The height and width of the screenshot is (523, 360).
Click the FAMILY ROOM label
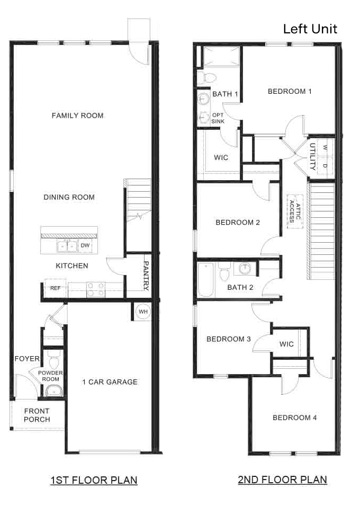tap(77, 116)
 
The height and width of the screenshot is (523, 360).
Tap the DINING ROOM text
tap(69, 197)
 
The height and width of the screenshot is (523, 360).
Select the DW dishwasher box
tap(85, 245)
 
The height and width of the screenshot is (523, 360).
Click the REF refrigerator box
tap(55, 288)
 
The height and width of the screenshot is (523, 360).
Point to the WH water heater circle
tap(143, 312)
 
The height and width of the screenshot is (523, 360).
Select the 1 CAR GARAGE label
tap(110, 382)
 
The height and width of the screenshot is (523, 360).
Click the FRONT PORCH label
tap(37, 415)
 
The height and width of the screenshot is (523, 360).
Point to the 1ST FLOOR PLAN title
tap(94, 480)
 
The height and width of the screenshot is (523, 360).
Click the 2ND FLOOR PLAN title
tap(282, 480)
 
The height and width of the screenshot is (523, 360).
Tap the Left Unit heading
tap(310, 29)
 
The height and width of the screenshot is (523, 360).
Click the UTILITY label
tap(312, 156)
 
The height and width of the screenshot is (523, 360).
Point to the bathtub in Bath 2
tap(206, 280)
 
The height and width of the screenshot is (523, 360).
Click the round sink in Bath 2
tap(245, 269)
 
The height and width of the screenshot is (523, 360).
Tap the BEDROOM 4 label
tap(294, 418)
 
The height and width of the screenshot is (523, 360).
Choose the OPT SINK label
tap(218, 118)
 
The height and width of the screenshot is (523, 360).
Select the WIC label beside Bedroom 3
tap(286, 344)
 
